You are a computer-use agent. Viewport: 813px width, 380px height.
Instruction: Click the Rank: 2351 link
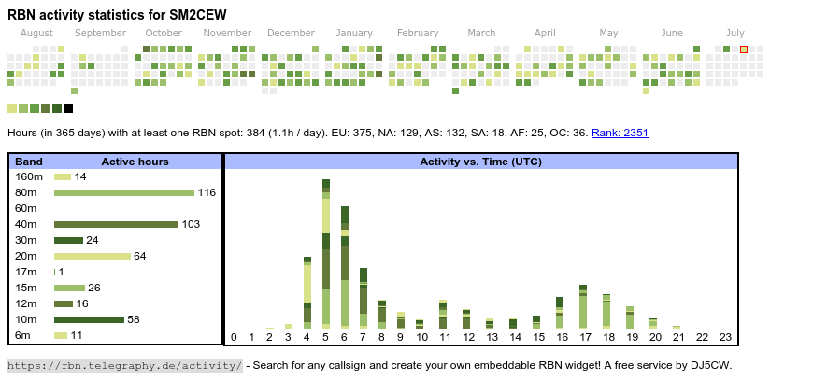tap(620, 133)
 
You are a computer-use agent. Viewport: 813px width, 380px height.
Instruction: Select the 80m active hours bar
tap(123, 192)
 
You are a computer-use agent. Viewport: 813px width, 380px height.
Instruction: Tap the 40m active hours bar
tap(116, 224)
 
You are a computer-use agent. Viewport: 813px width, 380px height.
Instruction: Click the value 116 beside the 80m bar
tap(207, 192)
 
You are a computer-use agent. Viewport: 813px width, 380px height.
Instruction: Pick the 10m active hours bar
tap(89, 319)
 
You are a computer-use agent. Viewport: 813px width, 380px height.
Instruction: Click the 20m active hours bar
tap(93, 256)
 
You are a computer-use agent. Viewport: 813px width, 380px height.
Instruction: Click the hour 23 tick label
tap(725, 337)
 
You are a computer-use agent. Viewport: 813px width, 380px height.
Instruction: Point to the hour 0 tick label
tap(234, 337)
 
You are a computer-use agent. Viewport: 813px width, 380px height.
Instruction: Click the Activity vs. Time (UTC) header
tap(480, 162)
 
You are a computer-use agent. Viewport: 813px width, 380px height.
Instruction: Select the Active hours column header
tap(135, 162)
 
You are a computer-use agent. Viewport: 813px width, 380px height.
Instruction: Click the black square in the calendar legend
tap(68, 108)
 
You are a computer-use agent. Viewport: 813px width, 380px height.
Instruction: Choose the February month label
tap(417, 33)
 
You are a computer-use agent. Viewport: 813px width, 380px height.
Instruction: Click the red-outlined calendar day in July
tap(744, 49)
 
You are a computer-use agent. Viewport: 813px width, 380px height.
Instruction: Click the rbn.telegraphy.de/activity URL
tap(124, 365)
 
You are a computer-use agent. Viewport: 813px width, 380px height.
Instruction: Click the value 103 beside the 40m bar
tap(191, 224)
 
